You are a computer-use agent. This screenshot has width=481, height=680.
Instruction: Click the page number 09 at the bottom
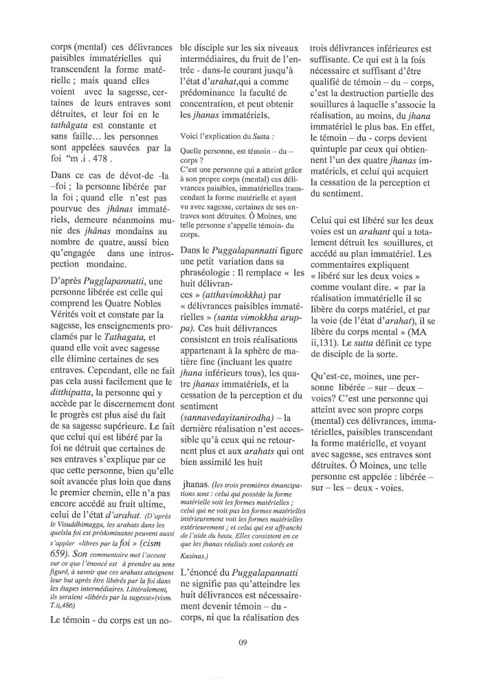[x=240, y=643]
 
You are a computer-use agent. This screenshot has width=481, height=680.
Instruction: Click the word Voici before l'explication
[x=190, y=136]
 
